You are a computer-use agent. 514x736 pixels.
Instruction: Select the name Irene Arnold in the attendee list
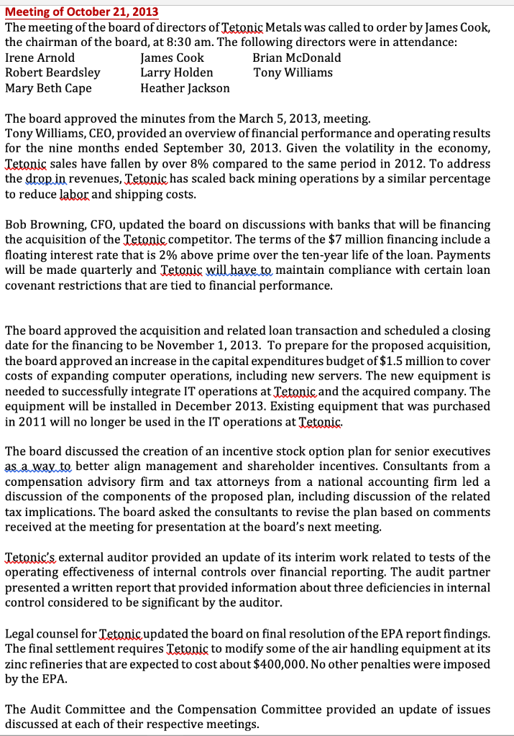40,57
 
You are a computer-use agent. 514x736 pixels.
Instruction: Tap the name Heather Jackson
185,88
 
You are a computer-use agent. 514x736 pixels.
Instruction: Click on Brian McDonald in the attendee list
297,57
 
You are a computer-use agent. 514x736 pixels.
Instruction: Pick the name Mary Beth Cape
48,88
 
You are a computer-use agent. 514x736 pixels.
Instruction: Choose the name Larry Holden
176,73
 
